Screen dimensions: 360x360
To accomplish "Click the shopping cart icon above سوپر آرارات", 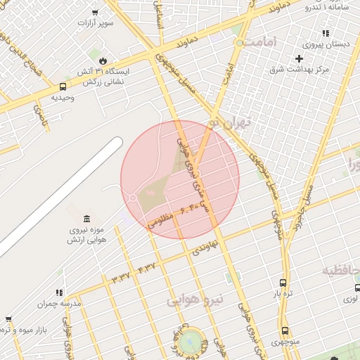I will [96, 12].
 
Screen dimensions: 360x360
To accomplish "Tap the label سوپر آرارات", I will [96, 23].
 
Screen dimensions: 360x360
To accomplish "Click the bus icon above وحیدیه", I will [63, 87].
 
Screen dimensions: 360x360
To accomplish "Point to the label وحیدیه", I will [63, 98].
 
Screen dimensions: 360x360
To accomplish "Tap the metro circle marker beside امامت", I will [240, 43].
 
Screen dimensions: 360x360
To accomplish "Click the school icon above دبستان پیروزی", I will [326, 32].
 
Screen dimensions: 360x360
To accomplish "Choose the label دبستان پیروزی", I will [326, 44].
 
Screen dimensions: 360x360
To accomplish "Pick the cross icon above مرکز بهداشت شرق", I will [300, 58].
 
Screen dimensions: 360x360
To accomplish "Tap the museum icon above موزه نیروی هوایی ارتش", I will [86, 219].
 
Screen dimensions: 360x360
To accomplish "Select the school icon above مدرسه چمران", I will [60, 292].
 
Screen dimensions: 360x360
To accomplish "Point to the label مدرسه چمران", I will [60, 303].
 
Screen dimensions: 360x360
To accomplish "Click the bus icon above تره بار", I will [283, 283].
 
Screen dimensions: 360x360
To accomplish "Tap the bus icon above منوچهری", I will [285, 330].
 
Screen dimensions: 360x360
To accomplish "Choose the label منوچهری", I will [285, 342].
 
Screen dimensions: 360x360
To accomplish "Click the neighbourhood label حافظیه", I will [342, 271].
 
